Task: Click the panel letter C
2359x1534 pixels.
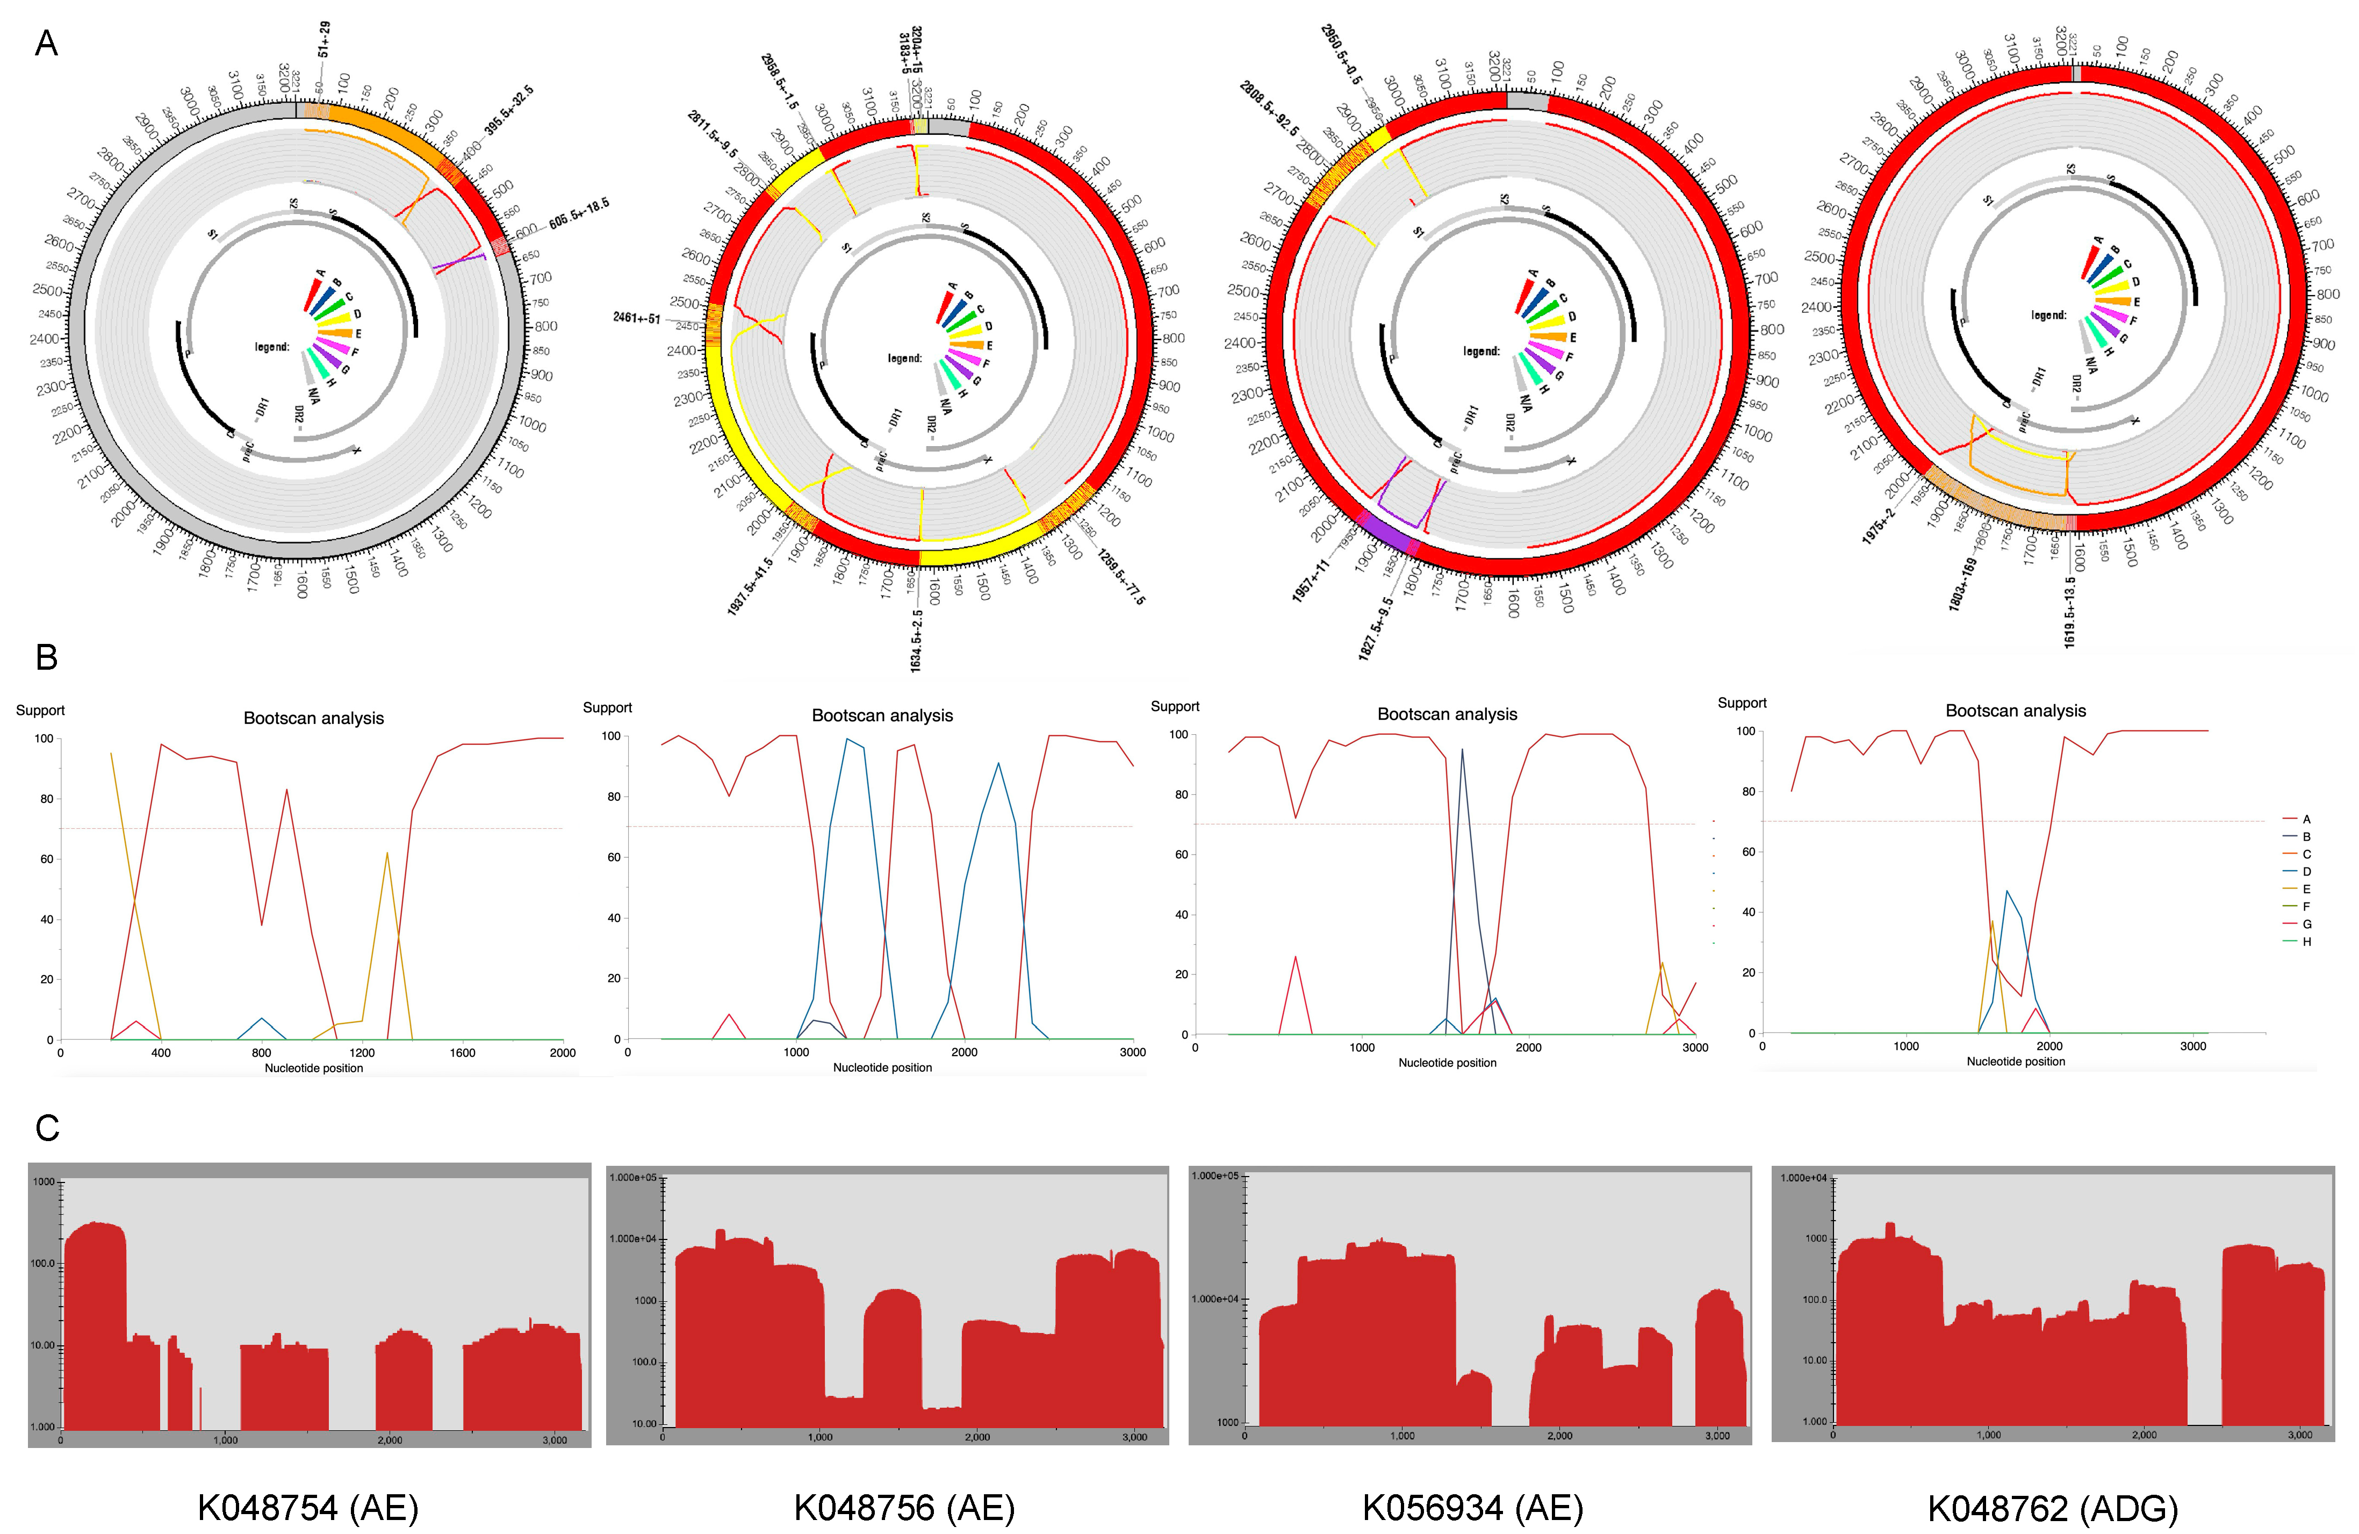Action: pos(47,1128)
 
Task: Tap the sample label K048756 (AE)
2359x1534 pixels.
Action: pos(904,1508)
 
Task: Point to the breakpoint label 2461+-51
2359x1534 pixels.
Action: pos(636,318)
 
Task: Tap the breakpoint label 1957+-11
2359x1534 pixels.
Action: pos(1310,580)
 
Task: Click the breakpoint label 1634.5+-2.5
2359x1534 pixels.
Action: pos(917,640)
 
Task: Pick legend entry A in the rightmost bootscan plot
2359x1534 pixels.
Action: pos(2306,819)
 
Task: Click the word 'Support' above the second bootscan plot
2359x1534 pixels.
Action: pos(607,707)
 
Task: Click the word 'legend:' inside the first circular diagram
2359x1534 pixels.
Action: pos(271,347)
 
